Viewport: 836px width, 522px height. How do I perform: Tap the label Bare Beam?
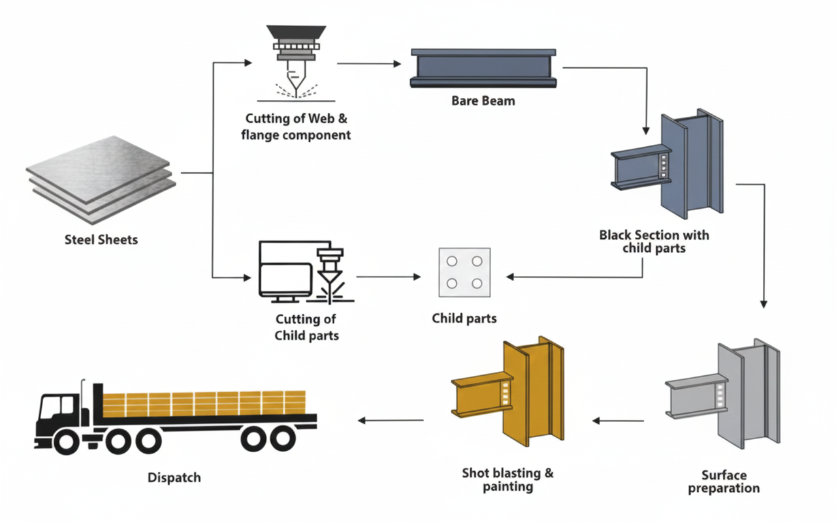[x=483, y=101]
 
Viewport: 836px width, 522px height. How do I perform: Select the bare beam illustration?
[x=483, y=68]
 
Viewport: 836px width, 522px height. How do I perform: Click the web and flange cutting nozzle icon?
[x=296, y=63]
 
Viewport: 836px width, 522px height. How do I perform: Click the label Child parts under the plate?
[x=464, y=318]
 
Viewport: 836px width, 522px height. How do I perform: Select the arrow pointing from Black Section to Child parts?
[x=575, y=277]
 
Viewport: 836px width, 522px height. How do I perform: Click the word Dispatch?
[x=174, y=478]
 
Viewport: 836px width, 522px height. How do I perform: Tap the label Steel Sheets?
[x=101, y=239]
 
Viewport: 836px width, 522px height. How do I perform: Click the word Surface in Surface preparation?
[x=724, y=475]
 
